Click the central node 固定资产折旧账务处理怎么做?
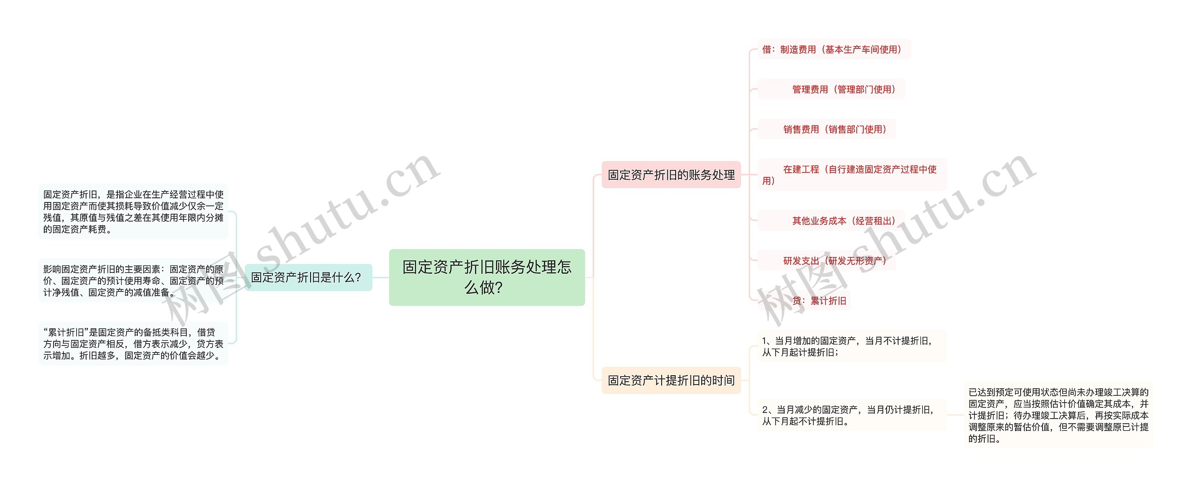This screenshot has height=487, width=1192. [x=487, y=277]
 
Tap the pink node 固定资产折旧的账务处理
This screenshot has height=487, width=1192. [x=671, y=175]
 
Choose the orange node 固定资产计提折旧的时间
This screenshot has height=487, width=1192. [x=671, y=380]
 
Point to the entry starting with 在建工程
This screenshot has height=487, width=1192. [x=852, y=175]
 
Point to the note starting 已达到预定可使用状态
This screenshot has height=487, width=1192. [x=1058, y=415]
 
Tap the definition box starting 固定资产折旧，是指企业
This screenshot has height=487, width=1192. [x=133, y=211]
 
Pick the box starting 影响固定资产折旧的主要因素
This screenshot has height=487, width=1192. [x=133, y=281]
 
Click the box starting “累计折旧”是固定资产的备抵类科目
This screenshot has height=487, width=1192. [x=133, y=344]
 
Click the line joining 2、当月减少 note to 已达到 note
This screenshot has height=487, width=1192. [x=955, y=415]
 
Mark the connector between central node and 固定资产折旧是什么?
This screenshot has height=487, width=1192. [x=381, y=277]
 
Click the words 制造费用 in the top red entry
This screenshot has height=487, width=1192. [x=798, y=49]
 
